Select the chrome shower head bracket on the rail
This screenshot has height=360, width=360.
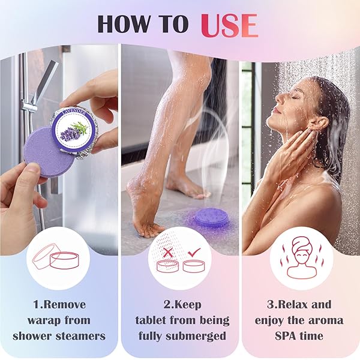coord(30,109)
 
